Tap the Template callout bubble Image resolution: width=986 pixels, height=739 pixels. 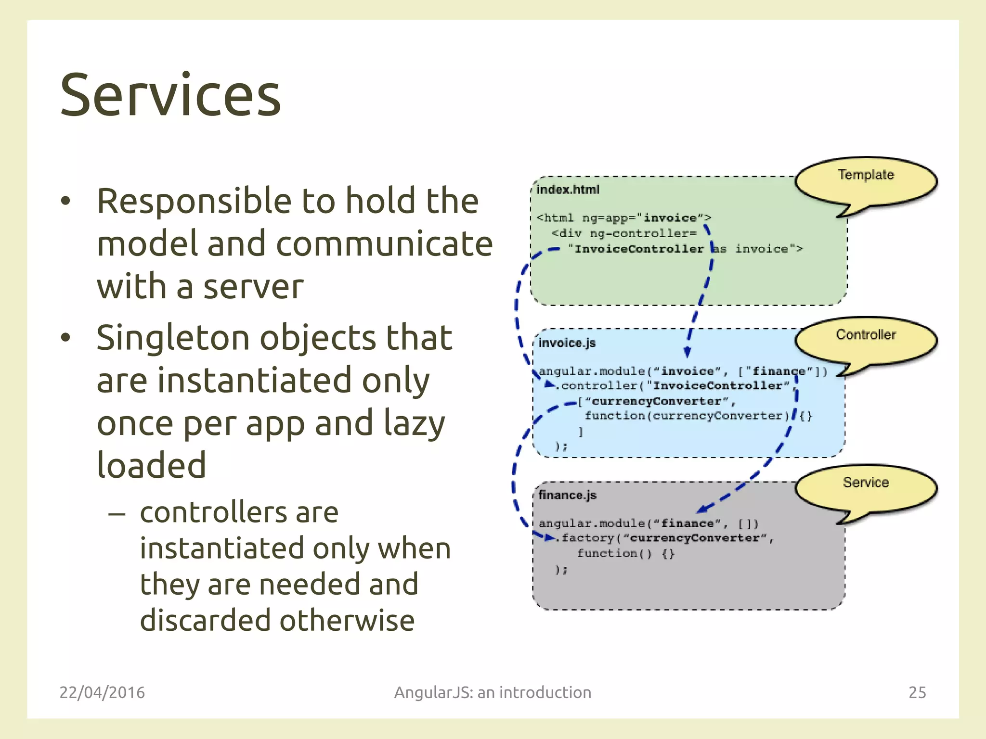865,181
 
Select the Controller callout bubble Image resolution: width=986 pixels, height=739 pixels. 865,340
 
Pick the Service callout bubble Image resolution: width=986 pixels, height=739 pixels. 865,488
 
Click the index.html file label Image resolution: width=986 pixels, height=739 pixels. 568,190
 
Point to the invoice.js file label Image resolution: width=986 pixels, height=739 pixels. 567,343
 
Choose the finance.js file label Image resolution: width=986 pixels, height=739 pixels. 567,495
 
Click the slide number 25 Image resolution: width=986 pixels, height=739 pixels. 917,692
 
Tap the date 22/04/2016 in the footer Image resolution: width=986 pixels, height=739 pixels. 102,692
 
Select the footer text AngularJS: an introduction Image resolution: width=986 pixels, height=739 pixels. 493,692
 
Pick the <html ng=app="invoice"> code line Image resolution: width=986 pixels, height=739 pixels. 623,218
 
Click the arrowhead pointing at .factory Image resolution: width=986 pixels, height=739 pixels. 549,537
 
